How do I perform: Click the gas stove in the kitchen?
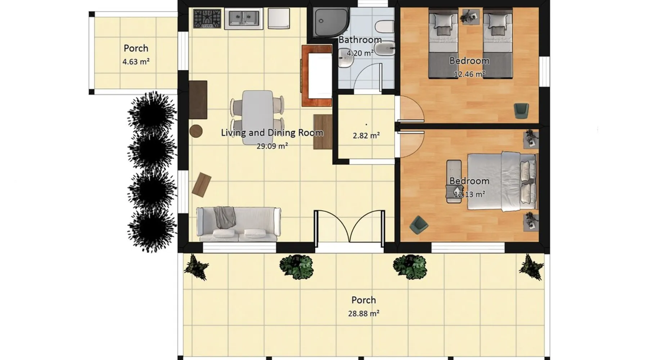207,19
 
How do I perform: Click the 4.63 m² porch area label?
136,62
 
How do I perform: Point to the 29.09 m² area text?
272,146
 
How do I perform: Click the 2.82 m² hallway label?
366,135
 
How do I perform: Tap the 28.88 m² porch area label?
364,313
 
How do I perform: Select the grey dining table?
257,117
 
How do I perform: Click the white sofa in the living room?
238,224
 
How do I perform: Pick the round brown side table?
196,131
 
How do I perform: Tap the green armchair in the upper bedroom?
521,111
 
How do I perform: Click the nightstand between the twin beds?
471,17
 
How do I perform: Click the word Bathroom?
360,40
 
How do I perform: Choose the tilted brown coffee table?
202,185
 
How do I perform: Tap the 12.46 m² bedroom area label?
469,74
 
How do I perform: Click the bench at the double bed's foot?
454,181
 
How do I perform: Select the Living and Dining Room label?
272,132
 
